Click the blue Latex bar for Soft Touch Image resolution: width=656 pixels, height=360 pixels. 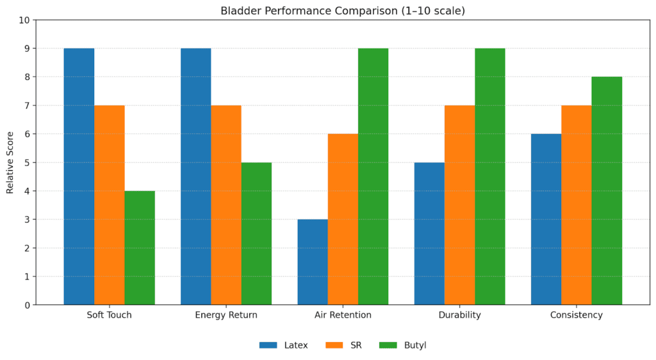[79, 176]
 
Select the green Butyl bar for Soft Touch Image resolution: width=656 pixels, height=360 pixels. [140, 248]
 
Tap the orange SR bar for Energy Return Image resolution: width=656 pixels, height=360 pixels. [226, 205]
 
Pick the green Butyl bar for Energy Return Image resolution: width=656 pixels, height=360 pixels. [256, 234]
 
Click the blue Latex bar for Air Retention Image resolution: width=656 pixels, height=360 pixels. [313, 262]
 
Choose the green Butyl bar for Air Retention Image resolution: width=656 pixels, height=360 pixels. [373, 176]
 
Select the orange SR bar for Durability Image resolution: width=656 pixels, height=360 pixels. [459, 205]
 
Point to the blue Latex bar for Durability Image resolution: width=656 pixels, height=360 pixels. [429, 234]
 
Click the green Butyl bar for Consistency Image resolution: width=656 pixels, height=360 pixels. [607, 191]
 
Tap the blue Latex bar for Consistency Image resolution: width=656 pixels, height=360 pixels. [546, 219]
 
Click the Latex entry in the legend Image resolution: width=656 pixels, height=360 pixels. [284, 345]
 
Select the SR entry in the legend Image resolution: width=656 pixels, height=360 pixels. [344, 345]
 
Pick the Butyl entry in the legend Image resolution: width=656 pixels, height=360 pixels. [403, 345]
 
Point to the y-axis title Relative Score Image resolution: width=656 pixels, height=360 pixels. [10, 162]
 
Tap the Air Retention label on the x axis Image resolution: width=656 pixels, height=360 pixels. [343, 315]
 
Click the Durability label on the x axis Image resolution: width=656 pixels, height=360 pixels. [459, 315]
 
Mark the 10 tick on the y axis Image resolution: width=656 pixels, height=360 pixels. [24, 20]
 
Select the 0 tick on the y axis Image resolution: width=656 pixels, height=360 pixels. [27, 305]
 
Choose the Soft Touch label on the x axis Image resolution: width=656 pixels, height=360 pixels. [109, 315]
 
